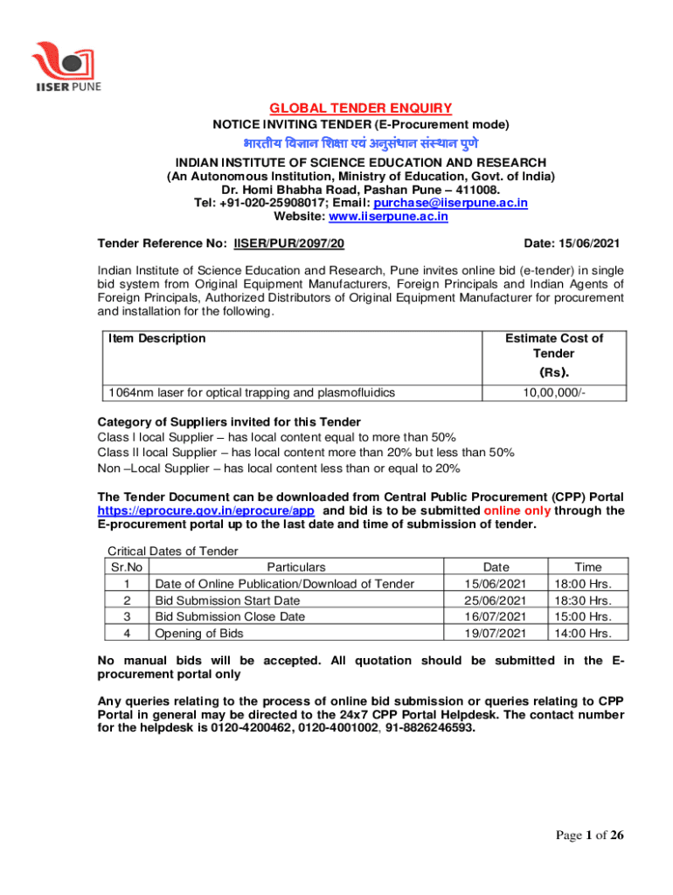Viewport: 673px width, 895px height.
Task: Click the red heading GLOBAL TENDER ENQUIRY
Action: coord(360,108)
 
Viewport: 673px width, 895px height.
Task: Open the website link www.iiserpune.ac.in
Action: coord(388,217)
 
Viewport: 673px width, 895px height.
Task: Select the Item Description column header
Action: coord(155,338)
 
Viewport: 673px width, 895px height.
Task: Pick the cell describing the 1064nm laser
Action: coord(248,392)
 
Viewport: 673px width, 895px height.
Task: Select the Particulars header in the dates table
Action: coord(296,567)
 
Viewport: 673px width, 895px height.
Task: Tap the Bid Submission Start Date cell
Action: coord(227,600)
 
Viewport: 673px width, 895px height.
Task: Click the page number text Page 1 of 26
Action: coord(590,836)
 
